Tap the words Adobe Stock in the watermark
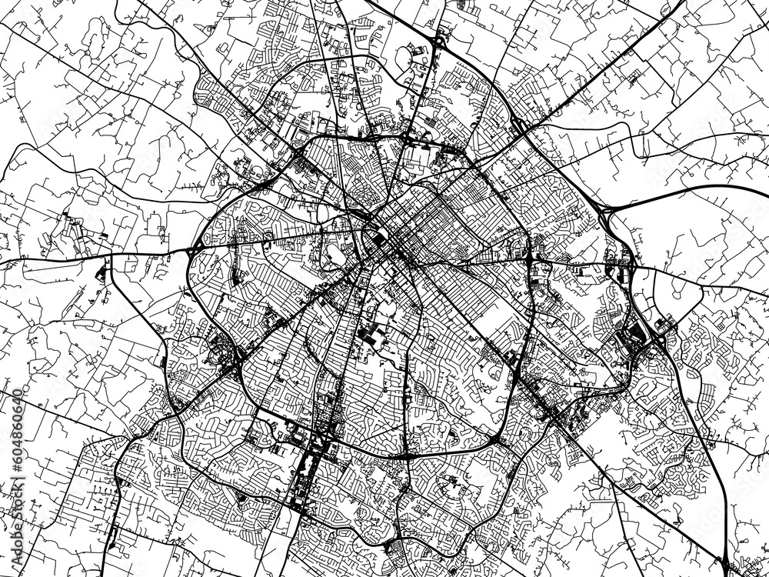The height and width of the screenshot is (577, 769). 384,288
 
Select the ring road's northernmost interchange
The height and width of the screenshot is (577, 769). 437,42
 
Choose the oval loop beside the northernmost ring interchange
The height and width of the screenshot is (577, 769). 420,54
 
